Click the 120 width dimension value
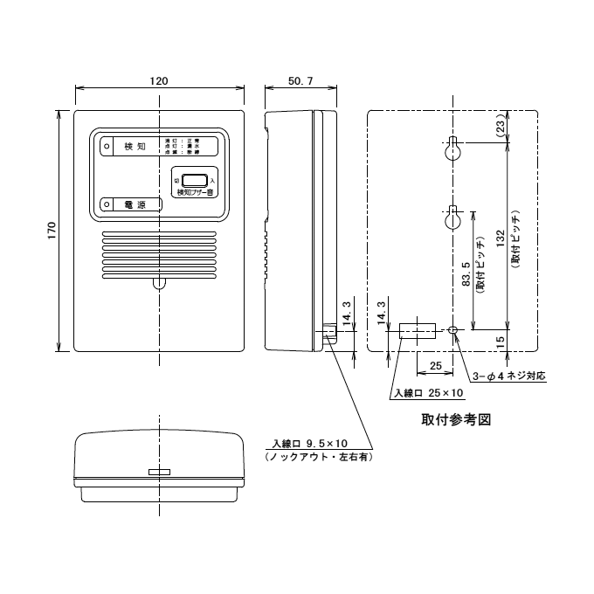point(158,79)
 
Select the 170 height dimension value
point(52,231)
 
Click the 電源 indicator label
point(135,204)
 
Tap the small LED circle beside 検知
point(107,147)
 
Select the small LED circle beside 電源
point(107,204)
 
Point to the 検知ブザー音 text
point(195,192)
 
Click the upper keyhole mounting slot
point(454,149)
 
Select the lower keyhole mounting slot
point(454,219)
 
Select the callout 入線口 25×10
point(425,393)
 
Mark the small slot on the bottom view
point(158,472)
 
